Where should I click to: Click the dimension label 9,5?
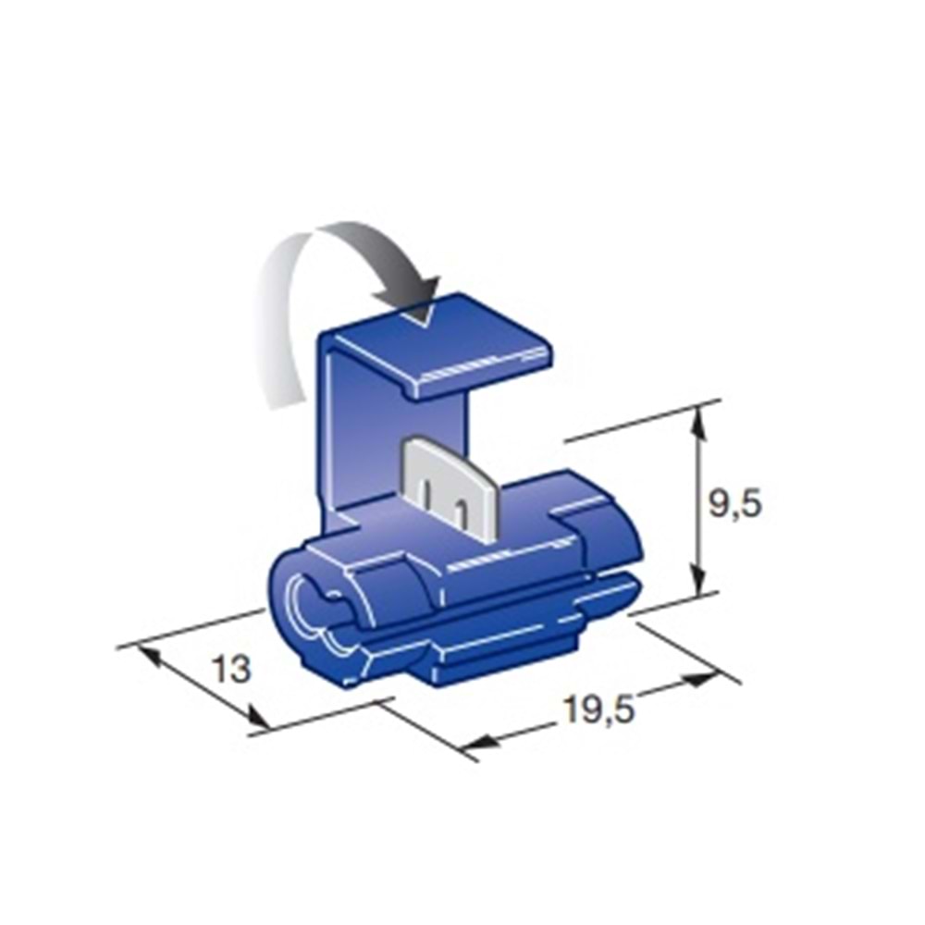(x=734, y=504)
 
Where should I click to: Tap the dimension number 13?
(x=232, y=669)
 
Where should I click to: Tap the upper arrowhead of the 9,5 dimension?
(x=698, y=423)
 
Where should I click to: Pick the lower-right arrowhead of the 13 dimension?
(x=257, y=718)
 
